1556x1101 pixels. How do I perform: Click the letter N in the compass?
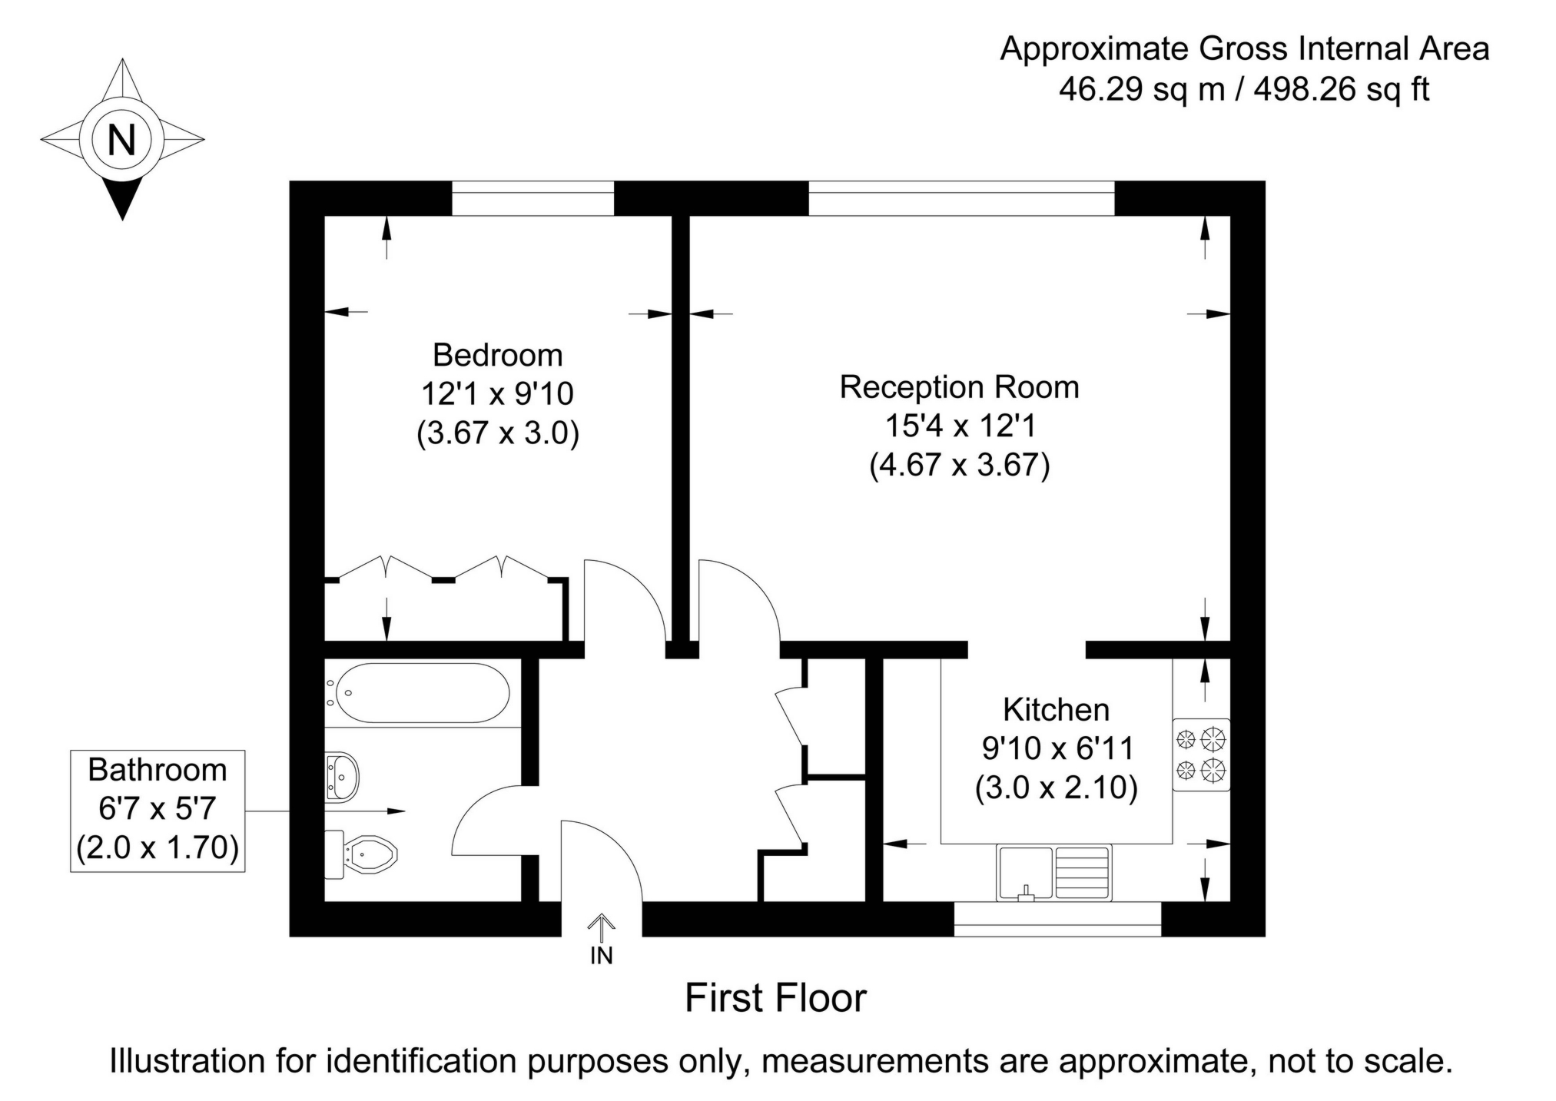pyautogui.click(x=122, y=140)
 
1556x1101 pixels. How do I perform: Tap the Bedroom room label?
pyautogui.click(x=498, y=355)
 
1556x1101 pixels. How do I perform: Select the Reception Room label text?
pyautogui.click(x=959, y=386)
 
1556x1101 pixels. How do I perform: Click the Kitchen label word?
pyautogui.click(x=1057, y=709)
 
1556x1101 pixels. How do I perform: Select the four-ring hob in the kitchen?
pyautogui.click(x=1201, y=754)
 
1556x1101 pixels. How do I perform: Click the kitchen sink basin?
pyautogui.click(x=1024, y=872)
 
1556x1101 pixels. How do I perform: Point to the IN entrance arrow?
pyautogui.click(x=602, y=930)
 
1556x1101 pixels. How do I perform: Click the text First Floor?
pyautogui.click(x=775, y=998)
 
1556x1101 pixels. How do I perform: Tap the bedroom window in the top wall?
pyautogui.click(x=532, y=198)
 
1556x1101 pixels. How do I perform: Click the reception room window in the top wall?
pyautogui.click(x=960, y=198)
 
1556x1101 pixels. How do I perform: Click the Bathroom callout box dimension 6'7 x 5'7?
pyautogui.click(x=158, y=808)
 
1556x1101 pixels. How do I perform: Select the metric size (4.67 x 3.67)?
pyautogui.click(x=959, y=465)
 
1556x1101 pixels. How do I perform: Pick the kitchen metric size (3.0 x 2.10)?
pyautogui.click(x=1057, y=787)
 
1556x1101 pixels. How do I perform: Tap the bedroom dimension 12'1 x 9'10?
pyautogui.click(x=498, y=394)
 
